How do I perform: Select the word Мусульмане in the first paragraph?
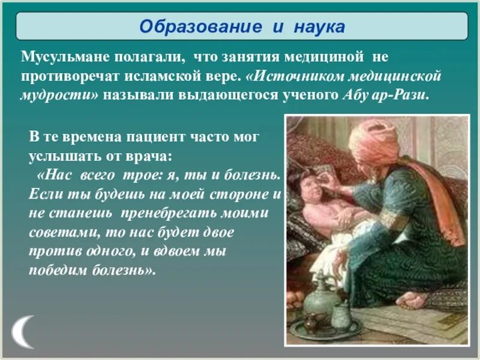[59, 58]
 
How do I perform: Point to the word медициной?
[332, 58]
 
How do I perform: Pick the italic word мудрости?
[56, 96]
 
